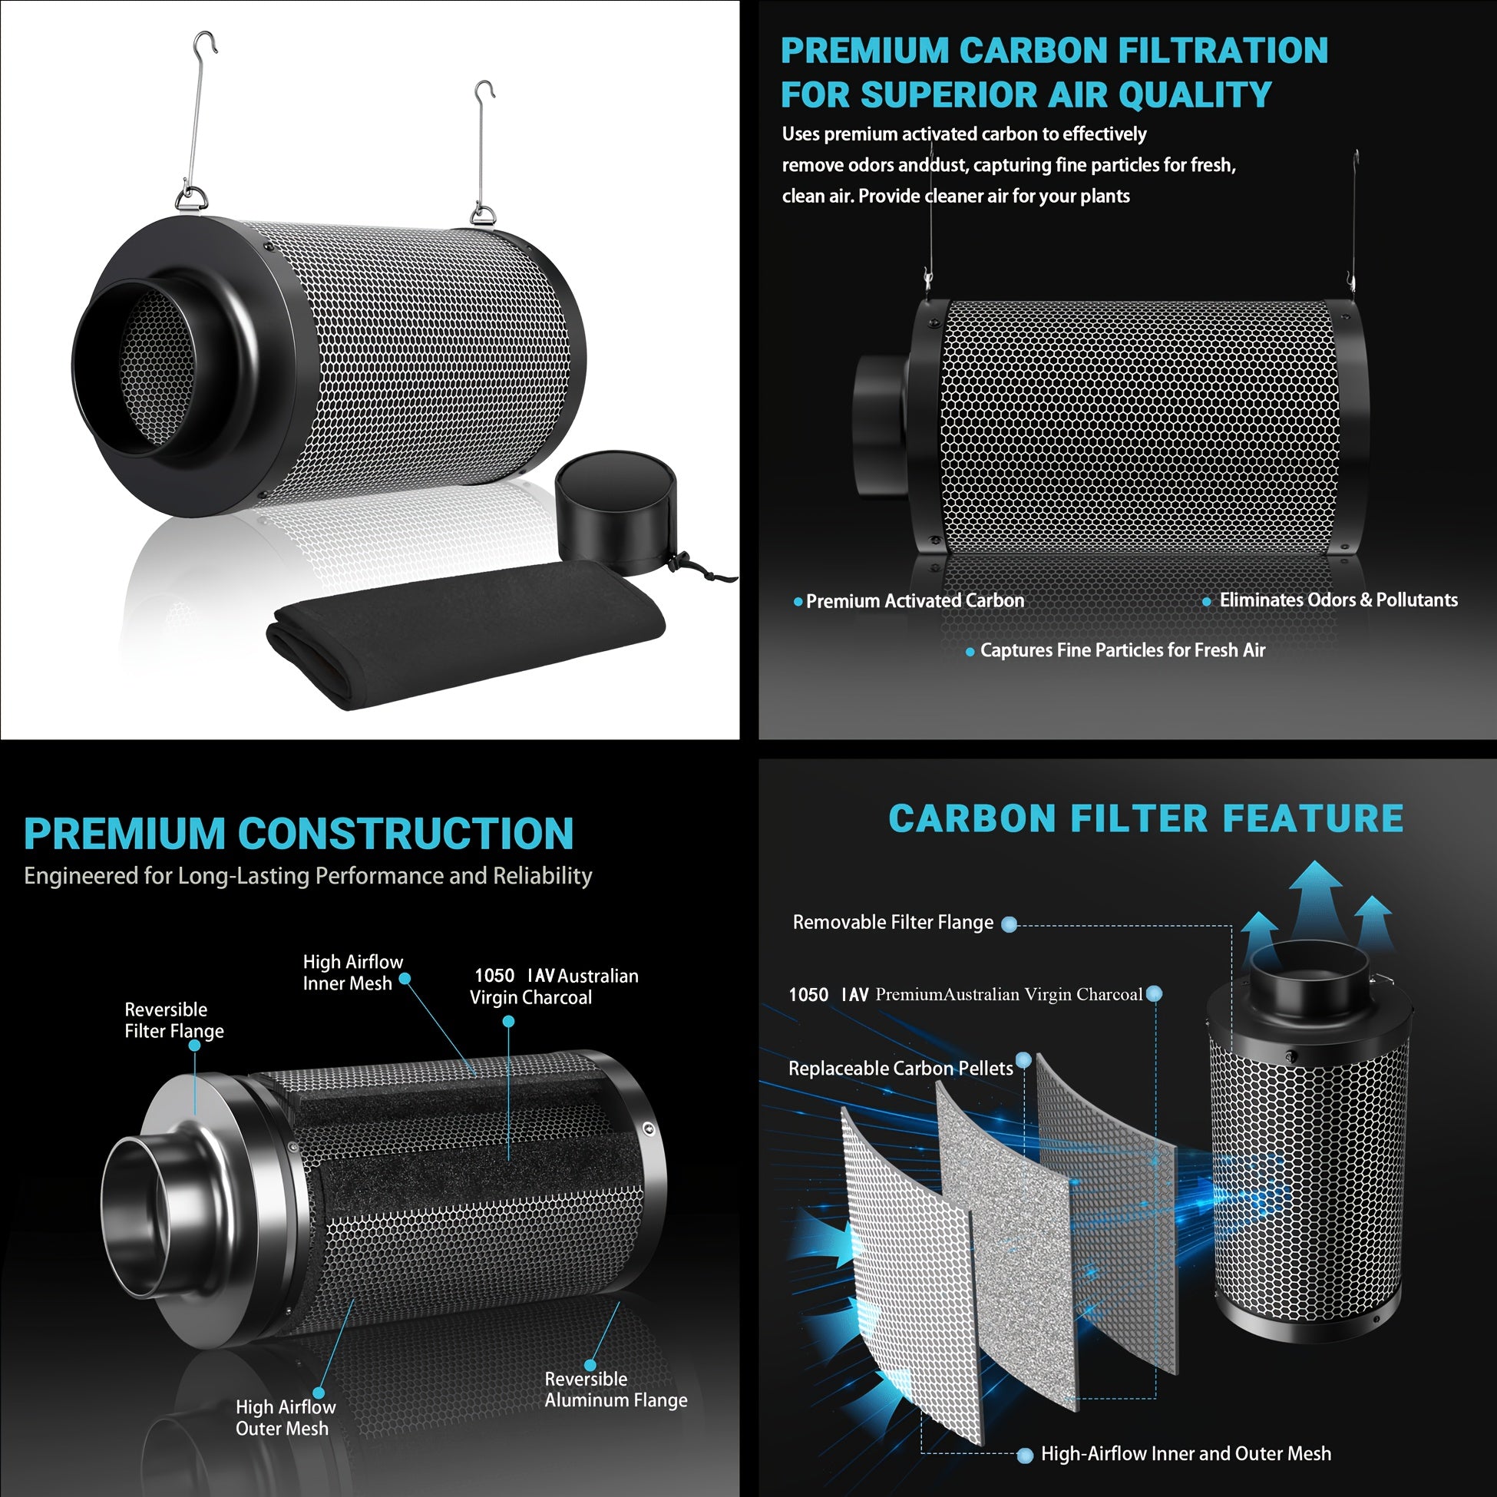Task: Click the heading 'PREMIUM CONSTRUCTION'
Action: point(299,834)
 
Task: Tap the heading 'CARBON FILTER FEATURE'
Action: point(1146,819)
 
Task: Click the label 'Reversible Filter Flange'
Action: point(174,1020)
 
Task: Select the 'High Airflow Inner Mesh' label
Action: point(352,973)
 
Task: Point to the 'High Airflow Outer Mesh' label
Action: point(285,1417)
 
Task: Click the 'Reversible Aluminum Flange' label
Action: point(616,1390)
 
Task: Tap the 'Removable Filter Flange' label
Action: point(893,922)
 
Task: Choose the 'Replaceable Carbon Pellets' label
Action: point(901,1069)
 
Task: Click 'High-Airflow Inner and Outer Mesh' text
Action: point(1185,1453)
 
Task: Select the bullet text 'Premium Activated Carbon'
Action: point(915,600)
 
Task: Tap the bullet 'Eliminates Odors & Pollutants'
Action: point(1338,600)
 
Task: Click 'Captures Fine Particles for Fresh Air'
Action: point(1122,650)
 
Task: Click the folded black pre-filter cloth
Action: point(465,633)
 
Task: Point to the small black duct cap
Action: point(616,512)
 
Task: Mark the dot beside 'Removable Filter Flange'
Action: point(1009,924)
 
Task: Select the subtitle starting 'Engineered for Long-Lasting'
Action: point(308,877)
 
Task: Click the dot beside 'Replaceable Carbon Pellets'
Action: point(1023,1060)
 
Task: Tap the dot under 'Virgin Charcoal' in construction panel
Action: point(508,1022)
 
